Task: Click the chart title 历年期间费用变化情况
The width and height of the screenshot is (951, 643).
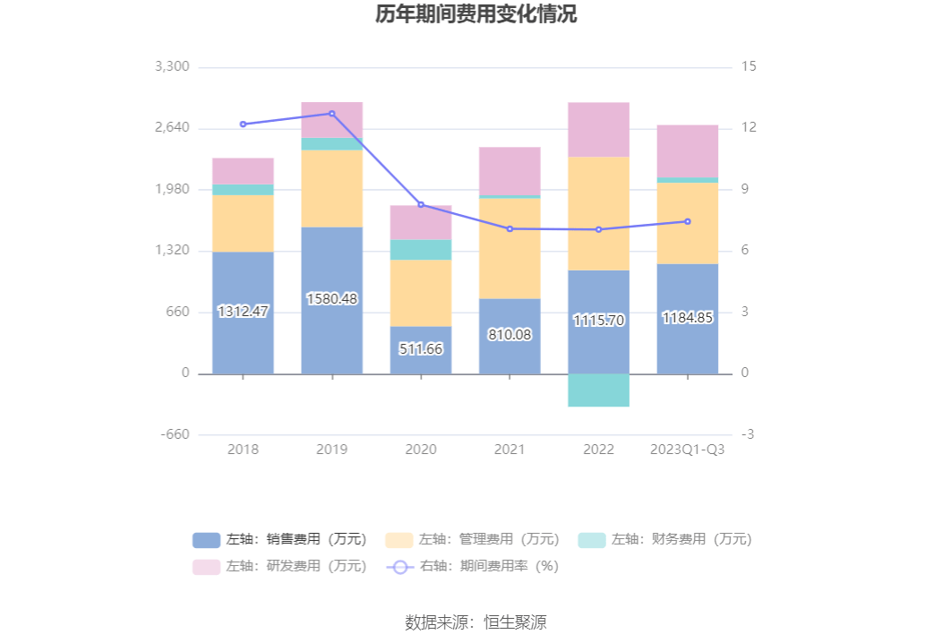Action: coord(475,15)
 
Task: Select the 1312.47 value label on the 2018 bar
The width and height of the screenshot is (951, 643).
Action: coord(243,312)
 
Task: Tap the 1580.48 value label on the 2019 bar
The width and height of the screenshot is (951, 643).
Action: coord(331,299)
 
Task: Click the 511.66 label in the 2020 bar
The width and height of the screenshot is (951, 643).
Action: coord(420,349)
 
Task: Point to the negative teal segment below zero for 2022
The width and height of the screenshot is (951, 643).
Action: coord(598,390)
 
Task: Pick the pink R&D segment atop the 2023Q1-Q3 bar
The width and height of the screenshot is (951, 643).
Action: coord(687,150)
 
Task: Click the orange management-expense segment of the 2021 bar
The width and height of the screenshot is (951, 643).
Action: coord(510,248)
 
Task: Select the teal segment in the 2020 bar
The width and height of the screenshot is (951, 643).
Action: coord(420,250)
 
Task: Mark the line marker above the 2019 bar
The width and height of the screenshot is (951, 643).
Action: coord(331,114)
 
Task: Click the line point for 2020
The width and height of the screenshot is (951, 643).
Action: coord(420,205)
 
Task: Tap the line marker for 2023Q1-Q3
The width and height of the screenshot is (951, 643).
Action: coord(687,221)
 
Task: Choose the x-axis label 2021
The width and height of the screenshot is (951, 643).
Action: coord(510,450)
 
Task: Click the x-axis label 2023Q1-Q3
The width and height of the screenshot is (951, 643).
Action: coord(687,450)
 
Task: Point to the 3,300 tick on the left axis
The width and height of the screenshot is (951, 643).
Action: coord(172,67)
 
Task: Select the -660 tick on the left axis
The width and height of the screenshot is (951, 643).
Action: coord(175,434)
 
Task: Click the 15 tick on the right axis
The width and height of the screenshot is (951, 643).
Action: coord(749,67)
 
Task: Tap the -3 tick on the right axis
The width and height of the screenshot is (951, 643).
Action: coord(748,434)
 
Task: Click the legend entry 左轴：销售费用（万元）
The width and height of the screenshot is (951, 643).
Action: coord(279,540)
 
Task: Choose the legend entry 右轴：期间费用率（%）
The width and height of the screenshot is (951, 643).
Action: coord(472,567)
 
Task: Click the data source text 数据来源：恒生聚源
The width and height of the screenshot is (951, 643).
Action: coord(475,622)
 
